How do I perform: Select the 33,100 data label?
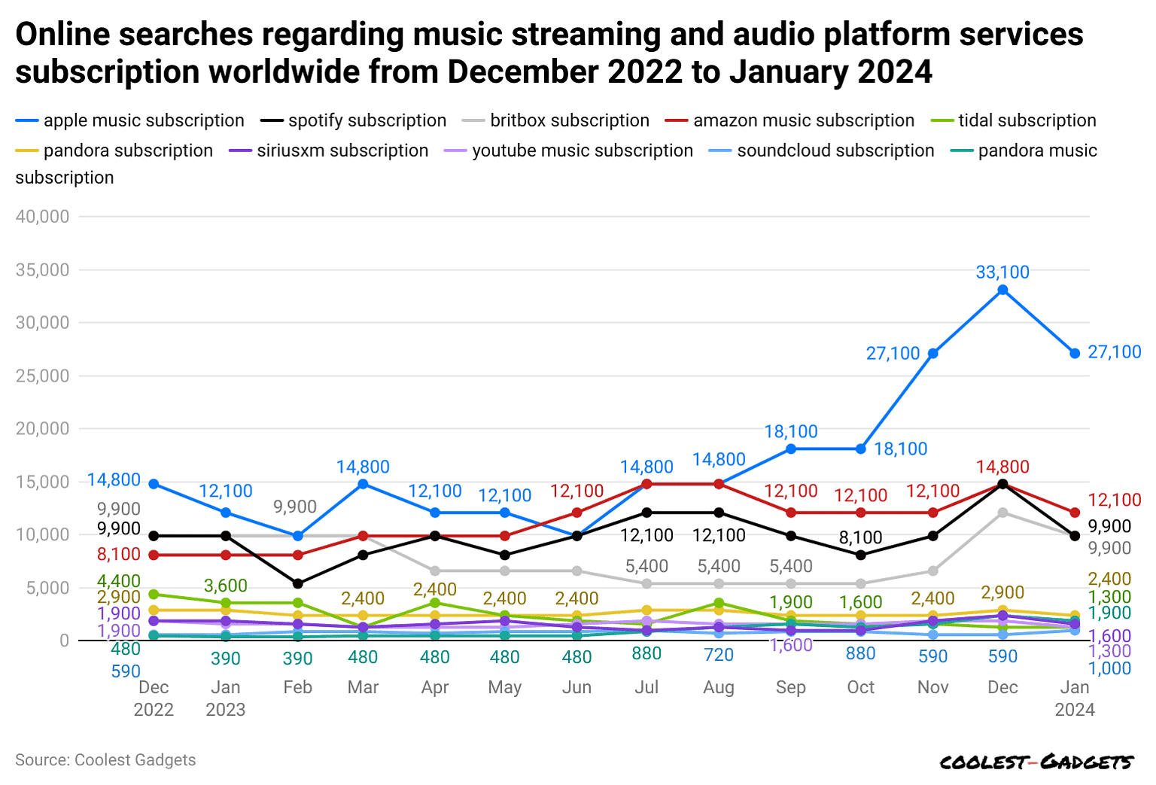(1002, 272)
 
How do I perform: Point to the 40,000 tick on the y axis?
(42, 217)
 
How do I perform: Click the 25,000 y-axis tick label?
(42, 376)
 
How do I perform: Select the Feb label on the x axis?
(297, 687)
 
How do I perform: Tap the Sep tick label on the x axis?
(790, 687)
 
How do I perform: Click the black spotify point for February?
(298, 583)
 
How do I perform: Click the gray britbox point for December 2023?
(1002, 513)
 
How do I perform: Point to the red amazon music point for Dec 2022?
(154, 555)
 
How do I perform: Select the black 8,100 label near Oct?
(860, 537)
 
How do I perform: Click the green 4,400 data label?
(119, 581)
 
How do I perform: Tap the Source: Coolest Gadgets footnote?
(105, 760)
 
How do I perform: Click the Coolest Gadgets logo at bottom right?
(1036, 762)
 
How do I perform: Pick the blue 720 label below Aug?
(718, 655)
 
